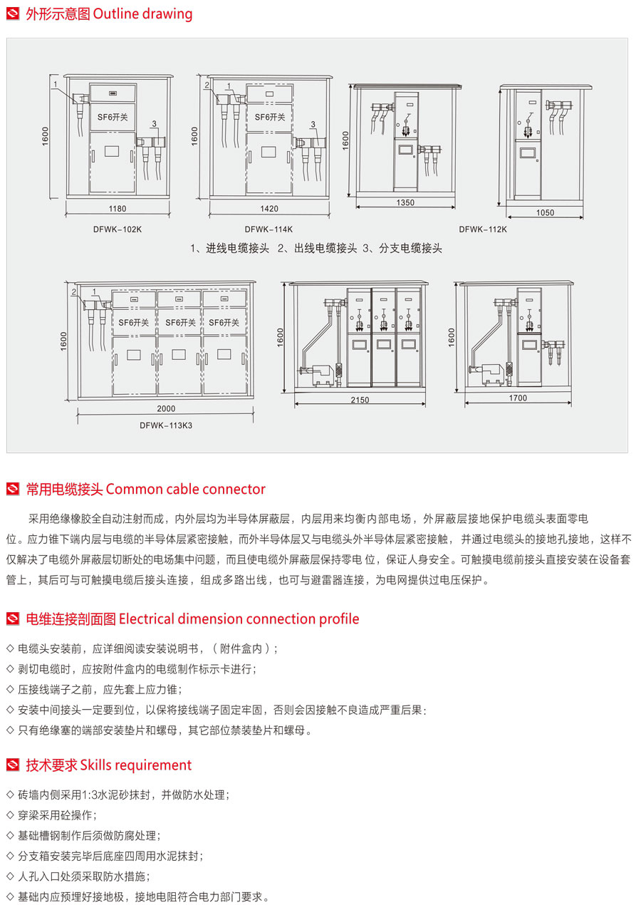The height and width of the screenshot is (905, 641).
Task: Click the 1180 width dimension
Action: coord(118,209)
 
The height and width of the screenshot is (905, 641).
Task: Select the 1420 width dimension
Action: coord(269,209)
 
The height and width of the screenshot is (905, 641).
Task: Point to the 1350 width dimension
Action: coord(405,203)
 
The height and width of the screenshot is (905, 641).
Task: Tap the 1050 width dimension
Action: coord(545,213)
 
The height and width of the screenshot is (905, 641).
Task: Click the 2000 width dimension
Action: coord(165,409)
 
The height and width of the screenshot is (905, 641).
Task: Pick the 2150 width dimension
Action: coord(360,400)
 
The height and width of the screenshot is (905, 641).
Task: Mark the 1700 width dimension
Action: coord(518,398)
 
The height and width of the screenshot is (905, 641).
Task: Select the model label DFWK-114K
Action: coord(269,229)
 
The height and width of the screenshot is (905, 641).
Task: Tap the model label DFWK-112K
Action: coord(483,229)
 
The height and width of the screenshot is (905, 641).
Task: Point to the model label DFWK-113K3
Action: coord(166,425)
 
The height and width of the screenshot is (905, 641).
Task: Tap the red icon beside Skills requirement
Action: coord(12,765)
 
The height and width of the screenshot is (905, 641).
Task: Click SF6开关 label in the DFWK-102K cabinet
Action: coord(113,117)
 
